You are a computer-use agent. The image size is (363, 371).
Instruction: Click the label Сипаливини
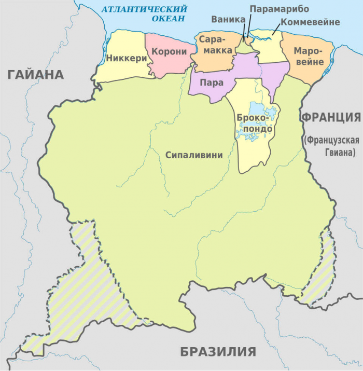pos(193,155)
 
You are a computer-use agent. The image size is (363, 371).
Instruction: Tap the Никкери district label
pos(127,58)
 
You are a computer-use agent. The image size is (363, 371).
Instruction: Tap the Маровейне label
pos(308,57)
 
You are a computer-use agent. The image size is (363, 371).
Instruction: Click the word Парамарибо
pos(279,9)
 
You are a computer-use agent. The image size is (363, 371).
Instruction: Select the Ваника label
pos(228,19)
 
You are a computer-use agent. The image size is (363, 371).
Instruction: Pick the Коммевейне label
pos(310,22)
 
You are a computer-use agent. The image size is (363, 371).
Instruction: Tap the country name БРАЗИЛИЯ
pos(218,352)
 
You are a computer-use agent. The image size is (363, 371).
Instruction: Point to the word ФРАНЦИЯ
pos(331,117)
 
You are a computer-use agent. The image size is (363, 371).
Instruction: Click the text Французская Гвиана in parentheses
pos(331,146)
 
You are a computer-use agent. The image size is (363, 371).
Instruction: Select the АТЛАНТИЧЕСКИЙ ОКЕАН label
pos(146,13)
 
